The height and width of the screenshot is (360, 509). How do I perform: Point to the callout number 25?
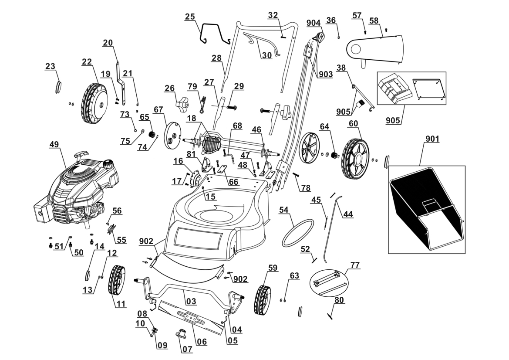pos(189,17)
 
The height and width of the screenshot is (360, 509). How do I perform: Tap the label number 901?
pos(432,139)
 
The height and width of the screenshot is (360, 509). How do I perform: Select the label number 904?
pos(313,22)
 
